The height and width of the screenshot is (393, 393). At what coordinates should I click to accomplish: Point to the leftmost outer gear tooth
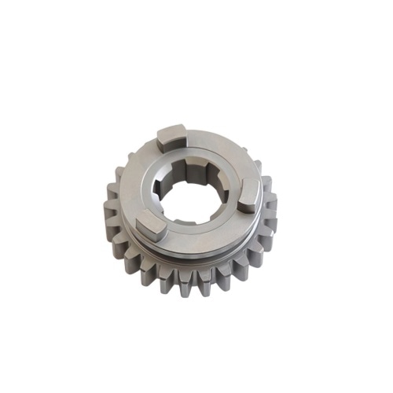[108, 211]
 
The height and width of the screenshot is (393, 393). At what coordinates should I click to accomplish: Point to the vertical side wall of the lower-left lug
[151, 233]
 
